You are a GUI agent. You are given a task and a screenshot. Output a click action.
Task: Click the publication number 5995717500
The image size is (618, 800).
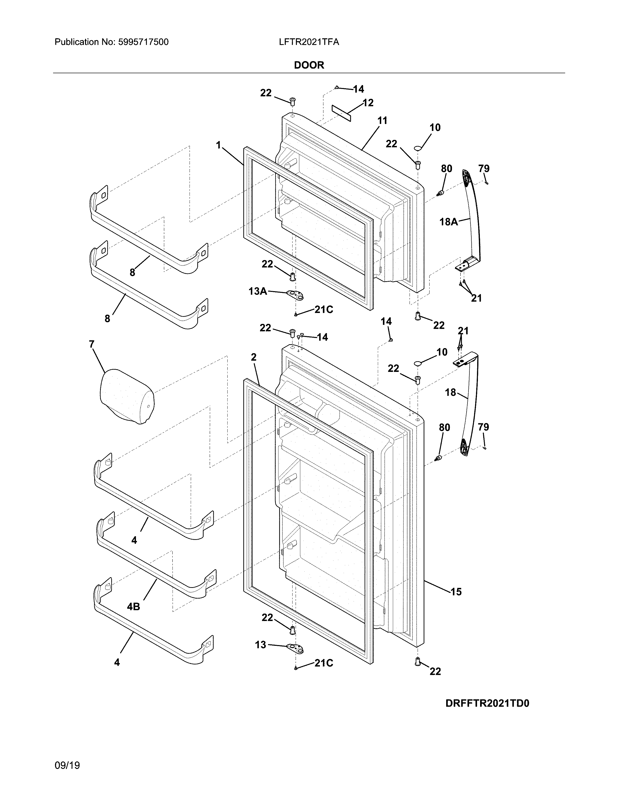[143, 42]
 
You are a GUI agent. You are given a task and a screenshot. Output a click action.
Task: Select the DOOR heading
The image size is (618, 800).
[309, 65]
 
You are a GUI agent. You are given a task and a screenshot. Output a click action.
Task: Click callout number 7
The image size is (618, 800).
[92, 344]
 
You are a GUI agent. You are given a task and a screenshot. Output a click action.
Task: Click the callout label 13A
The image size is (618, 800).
[257, 291]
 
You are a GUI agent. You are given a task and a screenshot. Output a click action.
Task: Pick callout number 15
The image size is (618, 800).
[456, 592]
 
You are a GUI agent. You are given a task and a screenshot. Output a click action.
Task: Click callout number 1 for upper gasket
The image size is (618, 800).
[219, 145]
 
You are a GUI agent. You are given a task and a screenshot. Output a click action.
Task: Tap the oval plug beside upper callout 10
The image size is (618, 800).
[418, 148]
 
